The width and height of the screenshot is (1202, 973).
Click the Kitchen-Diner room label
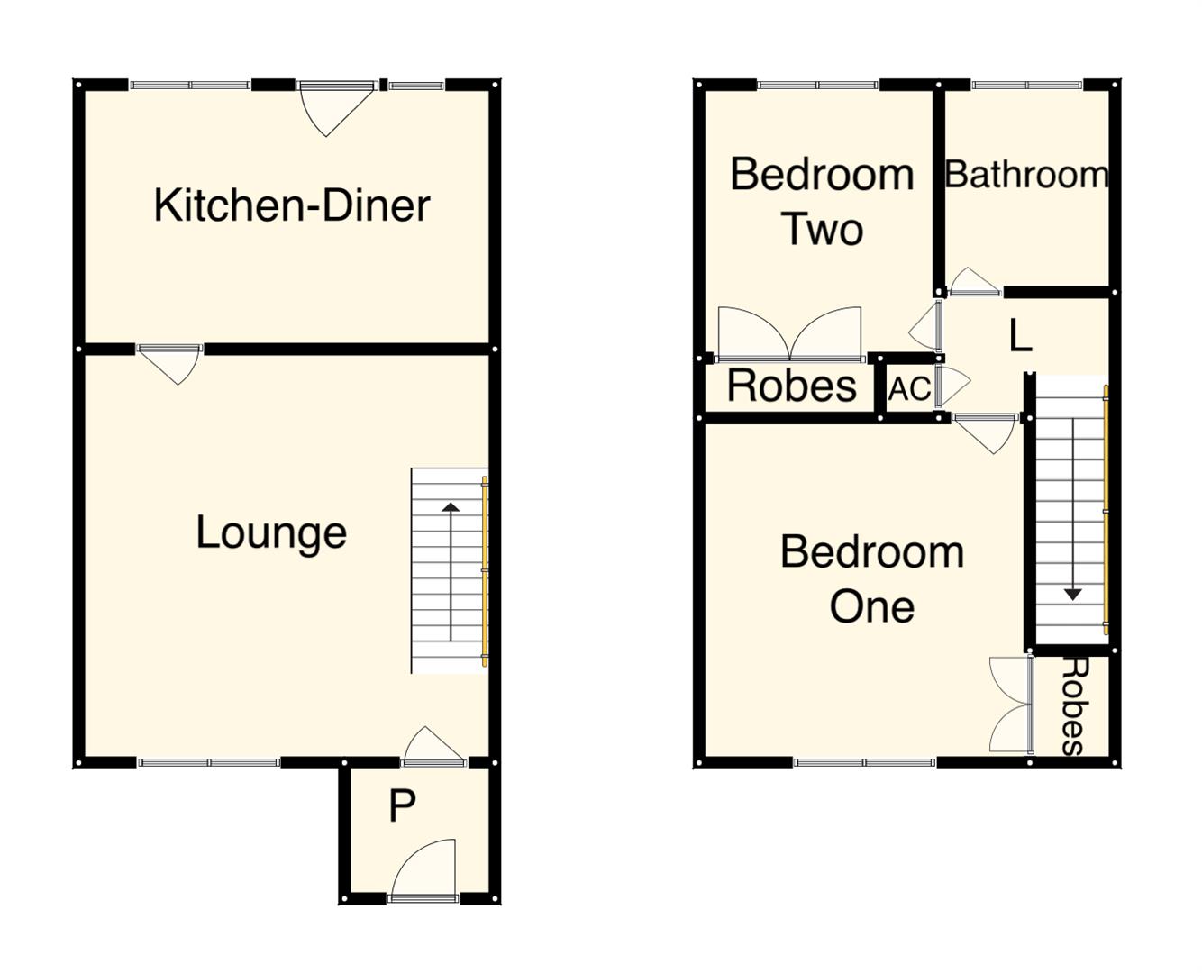(x=291, y=205)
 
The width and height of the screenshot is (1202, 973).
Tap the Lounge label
(x=271, y=532)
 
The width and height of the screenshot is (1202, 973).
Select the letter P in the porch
(x=402, y=806)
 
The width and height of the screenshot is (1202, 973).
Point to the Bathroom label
(x=1026, y=175)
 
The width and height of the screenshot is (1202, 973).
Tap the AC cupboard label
(x=909, y=389)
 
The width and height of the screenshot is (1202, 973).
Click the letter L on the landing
(x=1019, y=336)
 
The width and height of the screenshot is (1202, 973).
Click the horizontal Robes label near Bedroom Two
(x=791, y=386)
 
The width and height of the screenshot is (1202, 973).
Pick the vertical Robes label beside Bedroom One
(x=1073, y=705)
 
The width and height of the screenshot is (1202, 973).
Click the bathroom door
(x=973, y=282)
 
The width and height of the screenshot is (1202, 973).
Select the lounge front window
(x=209, y=762)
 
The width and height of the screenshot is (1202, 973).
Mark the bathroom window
(x=1026, y=86)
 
